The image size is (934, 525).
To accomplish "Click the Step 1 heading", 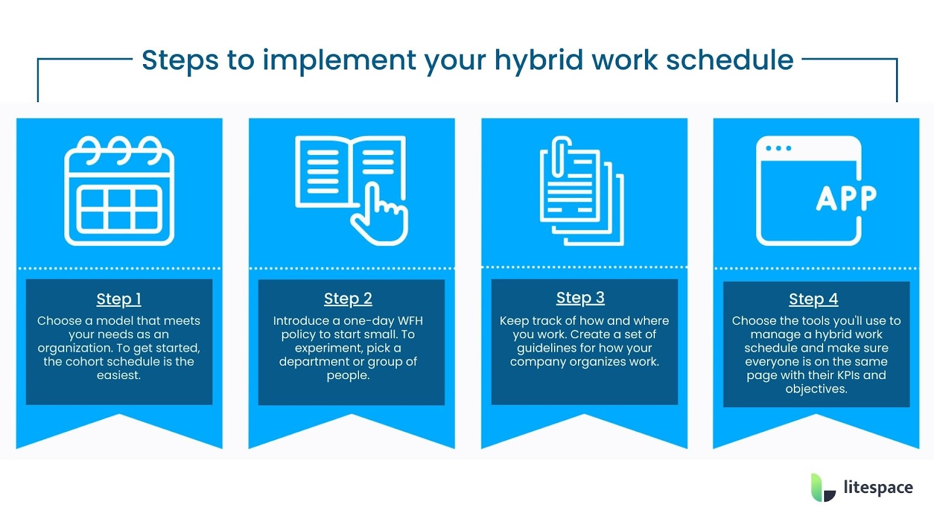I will tap(119, 299).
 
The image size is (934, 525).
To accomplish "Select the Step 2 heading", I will tap(348, 299).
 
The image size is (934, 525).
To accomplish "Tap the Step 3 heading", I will tap(580, 297).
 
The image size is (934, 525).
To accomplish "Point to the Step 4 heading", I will tap(813, 299).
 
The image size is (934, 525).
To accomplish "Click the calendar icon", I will tap(119, 191).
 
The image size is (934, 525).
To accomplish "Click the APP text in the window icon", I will tap(846, 198).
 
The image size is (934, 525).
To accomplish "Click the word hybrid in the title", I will tap(538, 60).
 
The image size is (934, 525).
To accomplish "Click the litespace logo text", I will tap(878, 487).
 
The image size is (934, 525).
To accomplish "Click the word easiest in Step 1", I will tap(119, 375).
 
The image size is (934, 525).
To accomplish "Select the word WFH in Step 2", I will tap(410, 321).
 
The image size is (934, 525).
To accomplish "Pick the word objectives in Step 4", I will tap(815, 389).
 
